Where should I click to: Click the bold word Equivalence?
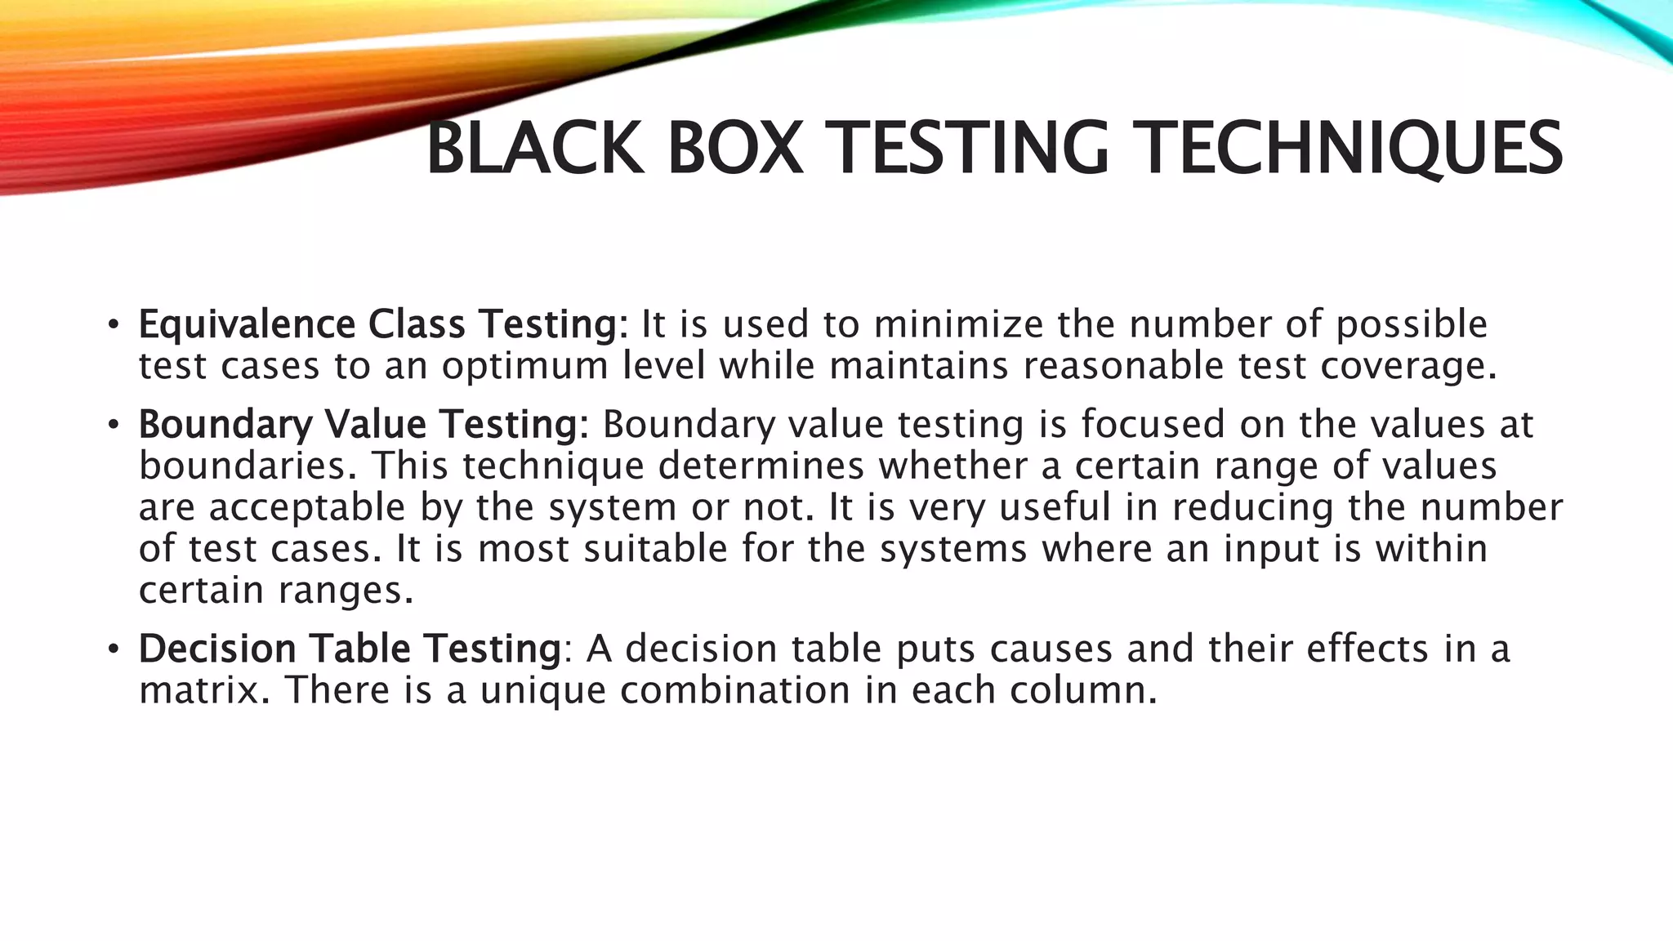coord(247,324)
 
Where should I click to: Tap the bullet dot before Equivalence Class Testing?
coord(114,325)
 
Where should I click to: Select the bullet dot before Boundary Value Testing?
coord(114,425)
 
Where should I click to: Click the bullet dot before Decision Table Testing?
coord(114,649)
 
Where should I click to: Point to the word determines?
coord(761,466)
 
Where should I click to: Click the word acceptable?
coord(307,508)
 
